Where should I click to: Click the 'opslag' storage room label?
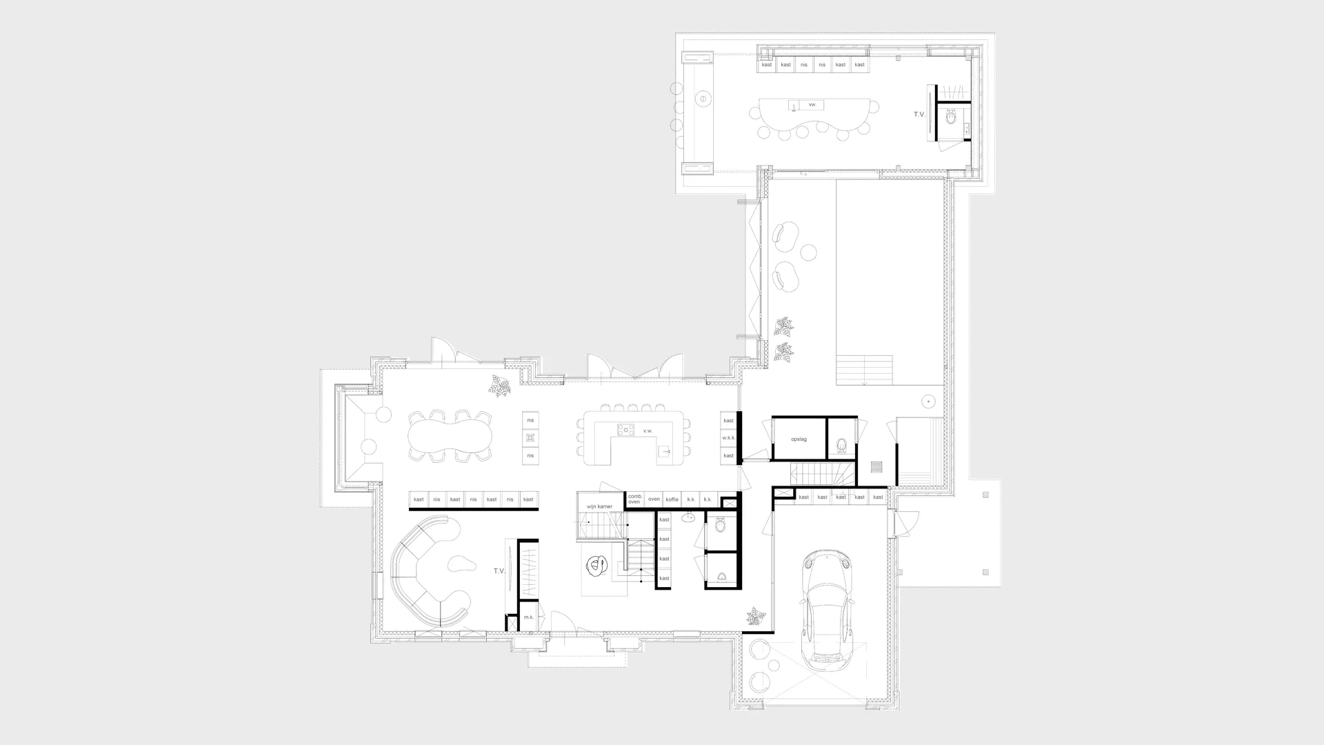(799, 439)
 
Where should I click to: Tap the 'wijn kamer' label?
(599, 506)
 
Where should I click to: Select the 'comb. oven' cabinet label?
(635, 499)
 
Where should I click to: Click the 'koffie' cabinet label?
(672, 499)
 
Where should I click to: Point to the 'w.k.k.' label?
(728, 438)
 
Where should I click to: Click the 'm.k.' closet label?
(529, 617)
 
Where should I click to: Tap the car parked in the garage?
(826, 607)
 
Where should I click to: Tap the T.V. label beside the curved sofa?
(499, 571)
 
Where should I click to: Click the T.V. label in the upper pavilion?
(919, 115)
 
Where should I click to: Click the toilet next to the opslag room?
(841, 445)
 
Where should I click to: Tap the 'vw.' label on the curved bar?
(812, 104)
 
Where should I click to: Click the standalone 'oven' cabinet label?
(654, 499)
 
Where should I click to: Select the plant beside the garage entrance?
(756, 616)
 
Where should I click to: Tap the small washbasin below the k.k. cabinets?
(688, 517)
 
